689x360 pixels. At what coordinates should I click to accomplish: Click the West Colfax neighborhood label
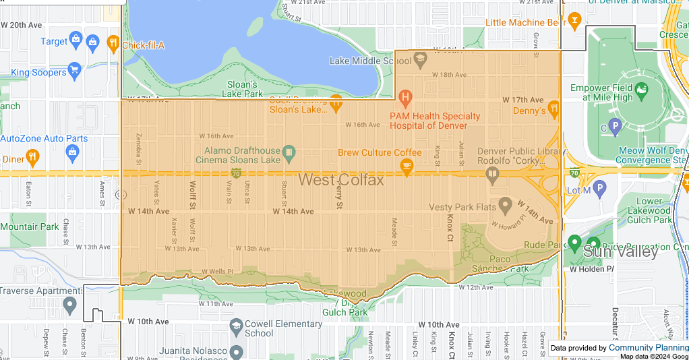341,180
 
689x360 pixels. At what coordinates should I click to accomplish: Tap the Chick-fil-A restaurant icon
112,44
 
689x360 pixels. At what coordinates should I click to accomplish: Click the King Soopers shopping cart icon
74,70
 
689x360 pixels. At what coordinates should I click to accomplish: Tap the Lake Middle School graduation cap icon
420,60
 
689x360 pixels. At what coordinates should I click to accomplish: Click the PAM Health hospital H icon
405,98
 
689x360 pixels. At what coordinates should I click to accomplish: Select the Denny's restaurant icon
554,108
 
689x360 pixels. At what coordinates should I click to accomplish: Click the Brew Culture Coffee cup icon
407,167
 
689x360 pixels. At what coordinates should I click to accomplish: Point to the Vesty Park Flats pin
505,206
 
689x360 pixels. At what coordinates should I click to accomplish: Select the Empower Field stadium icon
641,89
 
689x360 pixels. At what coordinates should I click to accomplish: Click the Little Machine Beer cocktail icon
574,21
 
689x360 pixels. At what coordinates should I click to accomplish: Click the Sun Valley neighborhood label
620,252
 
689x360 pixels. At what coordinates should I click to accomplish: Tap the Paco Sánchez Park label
500,264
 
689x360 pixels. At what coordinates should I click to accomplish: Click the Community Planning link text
648,348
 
